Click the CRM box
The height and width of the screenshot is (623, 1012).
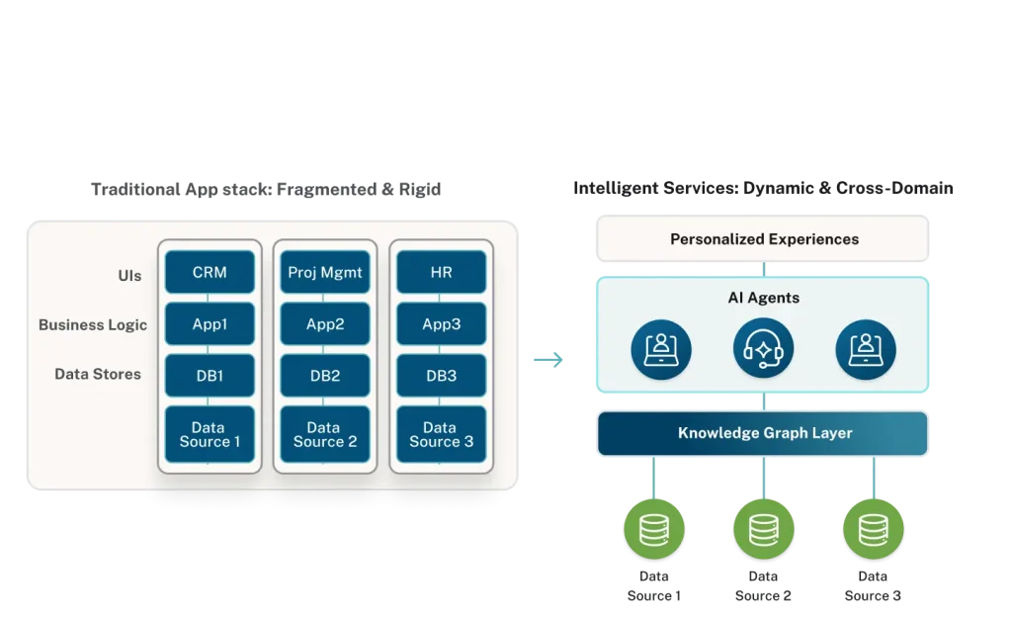click(x=210, y=272)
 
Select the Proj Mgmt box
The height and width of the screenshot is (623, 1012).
click(x=325, y=272)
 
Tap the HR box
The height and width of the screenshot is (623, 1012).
click(x=441, y=272)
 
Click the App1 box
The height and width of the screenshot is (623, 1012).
click(x=210, y=323)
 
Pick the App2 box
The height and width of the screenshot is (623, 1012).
click(x=325, y=323)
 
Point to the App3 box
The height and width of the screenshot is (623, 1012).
click(x=441, y=323)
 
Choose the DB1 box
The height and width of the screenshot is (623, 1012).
click(x=210, y=376)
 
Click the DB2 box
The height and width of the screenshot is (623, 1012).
click(x=325, y=376)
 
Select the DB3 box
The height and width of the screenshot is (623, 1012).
click(x=441, y=376)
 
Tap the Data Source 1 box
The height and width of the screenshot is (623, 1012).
click(x=210, y=435)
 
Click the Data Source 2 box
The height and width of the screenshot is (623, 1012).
click(x=325, y=435)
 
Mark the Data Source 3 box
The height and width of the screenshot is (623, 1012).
click(x=441, y=435)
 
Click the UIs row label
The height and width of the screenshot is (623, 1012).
click(x=129, y=275)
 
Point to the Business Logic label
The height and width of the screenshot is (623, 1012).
click(x=93, y=324)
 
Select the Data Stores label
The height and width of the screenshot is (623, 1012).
click(x=98, y=374)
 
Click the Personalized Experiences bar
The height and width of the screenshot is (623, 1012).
click(x=764, y=239)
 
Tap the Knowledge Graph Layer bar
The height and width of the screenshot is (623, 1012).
click(x=764, y=433)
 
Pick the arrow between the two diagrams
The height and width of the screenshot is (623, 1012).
click(x=549, y=360)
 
